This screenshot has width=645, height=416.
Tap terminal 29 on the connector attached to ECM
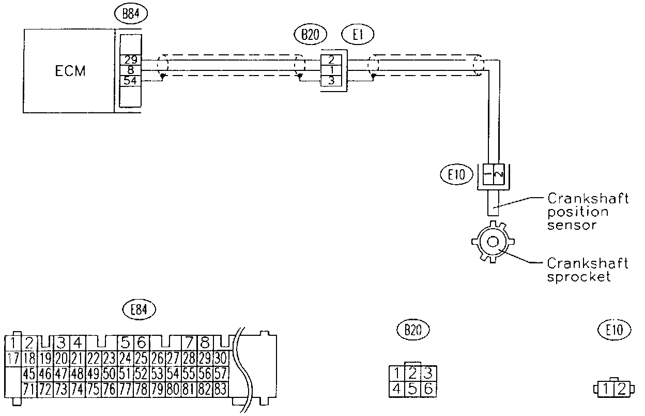click(x=130, y=60)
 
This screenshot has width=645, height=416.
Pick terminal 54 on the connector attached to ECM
click(x=130, y=80)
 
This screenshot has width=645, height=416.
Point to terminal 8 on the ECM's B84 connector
click(x=130, y=70)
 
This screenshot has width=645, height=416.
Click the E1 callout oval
click(x=358, y=35)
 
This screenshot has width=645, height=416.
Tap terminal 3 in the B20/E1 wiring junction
click(x=331, y=80)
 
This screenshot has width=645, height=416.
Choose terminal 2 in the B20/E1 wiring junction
click(x=331, y=60)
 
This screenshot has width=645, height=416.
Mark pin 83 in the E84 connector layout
click(x=221, y=388)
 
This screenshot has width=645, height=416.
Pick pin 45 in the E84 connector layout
click(x=29, y=373)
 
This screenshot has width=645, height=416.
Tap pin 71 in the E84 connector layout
click(x=29, y=388)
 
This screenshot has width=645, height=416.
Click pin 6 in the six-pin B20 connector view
click(x=428, y=388)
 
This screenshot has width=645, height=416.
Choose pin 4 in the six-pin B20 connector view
click(x=396, y=388)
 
